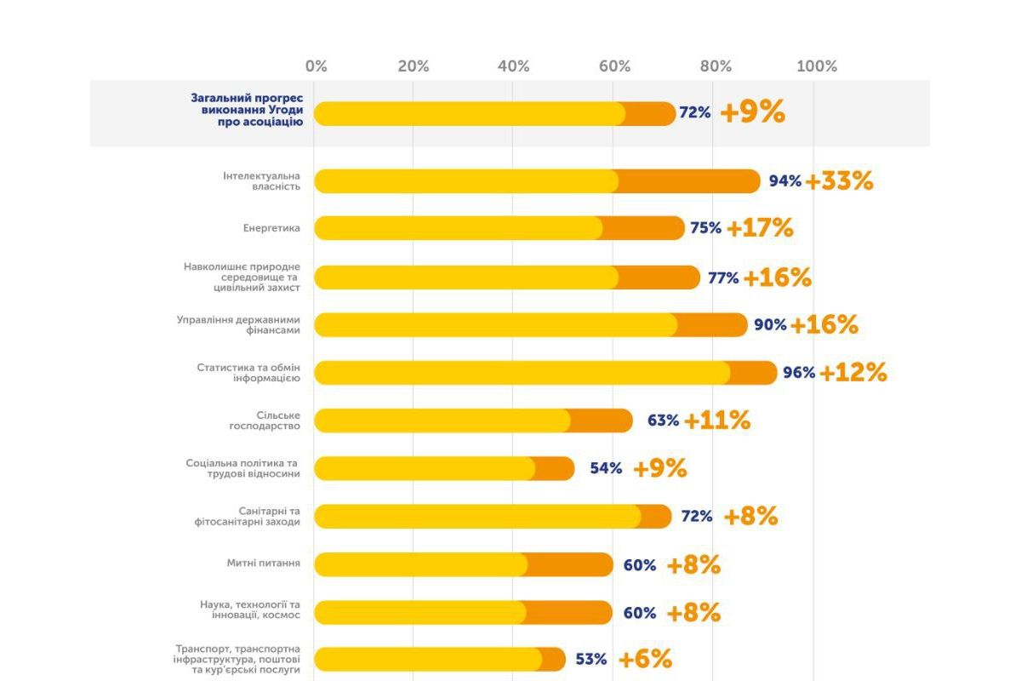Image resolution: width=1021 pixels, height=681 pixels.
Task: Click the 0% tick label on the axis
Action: coord(316,66)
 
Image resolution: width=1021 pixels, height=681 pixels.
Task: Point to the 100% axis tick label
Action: coord(816,66)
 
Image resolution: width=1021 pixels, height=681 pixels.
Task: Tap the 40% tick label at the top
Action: coord(513,66)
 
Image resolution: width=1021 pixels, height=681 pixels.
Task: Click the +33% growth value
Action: coord(839,181)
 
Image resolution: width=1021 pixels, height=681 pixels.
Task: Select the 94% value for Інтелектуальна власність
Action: coord(785,181)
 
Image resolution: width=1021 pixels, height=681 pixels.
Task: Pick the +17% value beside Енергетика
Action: coord(760,228)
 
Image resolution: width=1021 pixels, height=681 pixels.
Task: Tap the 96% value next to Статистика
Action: coord(799,372)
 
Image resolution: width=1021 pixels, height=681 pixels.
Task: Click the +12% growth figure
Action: coord(853,372)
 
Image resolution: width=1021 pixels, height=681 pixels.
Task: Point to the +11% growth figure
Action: coord(717,421)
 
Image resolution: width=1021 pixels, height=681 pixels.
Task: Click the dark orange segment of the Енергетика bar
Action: coord(642,228)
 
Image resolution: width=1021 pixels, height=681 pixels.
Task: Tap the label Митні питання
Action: coord(263,564)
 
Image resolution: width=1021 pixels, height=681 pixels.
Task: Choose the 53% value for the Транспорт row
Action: coord(590,659)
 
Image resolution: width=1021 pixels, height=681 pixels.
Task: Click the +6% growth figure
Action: coord(645,659)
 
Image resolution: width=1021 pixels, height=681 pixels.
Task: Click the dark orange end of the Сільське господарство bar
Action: coord(601,421)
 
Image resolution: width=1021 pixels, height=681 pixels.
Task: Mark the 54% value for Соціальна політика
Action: coord(606,468)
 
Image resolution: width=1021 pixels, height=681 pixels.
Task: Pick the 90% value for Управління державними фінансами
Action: coord(770,324)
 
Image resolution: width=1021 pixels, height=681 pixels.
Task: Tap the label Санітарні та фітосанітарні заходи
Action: coord(247,516)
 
